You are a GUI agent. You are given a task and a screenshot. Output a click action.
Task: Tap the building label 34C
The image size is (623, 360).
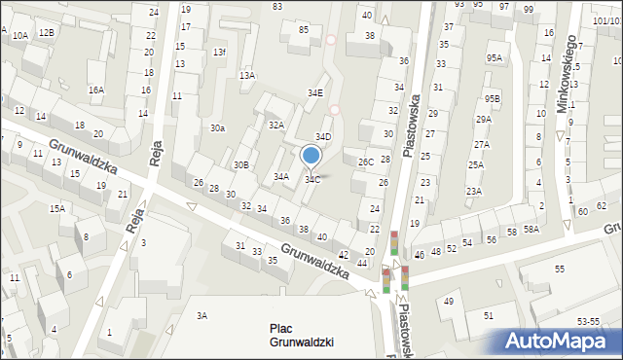click(312, 179)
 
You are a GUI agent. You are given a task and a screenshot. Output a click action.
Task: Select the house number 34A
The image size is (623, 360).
click(281, 177)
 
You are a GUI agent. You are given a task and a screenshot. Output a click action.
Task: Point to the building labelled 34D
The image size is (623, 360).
click(322, 137)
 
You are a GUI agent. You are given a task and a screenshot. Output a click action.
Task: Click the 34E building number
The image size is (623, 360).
click(315, 93)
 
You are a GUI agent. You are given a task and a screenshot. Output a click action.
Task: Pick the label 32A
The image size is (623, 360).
click(275, 126)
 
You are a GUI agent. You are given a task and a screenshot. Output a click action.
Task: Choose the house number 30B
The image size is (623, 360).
click(240, 165)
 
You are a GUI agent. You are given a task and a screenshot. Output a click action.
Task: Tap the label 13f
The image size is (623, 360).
click(220, 53)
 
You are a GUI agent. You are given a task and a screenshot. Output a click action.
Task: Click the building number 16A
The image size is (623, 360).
click(95, 90)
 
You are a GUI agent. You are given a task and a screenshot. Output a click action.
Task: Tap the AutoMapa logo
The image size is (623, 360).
click(559, 342)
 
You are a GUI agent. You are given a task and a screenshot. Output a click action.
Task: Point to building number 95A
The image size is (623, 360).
click(495, 58)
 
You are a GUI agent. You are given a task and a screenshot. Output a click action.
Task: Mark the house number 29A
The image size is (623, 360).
click(483, 119)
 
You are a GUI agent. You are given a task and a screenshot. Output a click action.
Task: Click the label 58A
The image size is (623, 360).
click(531, 229)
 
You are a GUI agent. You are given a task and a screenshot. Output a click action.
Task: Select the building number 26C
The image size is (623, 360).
click(365, 162)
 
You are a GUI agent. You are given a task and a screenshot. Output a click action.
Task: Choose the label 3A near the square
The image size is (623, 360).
click(202, 315)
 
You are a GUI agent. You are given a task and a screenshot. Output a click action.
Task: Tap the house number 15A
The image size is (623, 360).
click(57, 208)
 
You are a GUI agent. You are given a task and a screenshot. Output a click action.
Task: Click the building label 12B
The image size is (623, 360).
click(46, 33)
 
